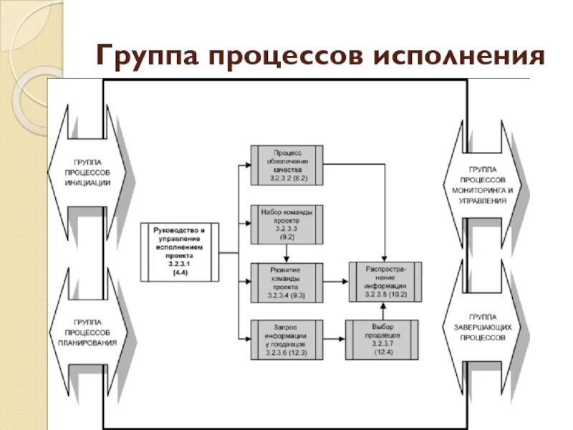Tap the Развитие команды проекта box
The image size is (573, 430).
click(x=286, y=282)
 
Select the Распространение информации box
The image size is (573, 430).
click(x=385, y=282)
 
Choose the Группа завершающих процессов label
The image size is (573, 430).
click(x=483, y=326)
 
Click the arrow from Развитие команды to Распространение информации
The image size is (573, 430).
click(x=336, y=282)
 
